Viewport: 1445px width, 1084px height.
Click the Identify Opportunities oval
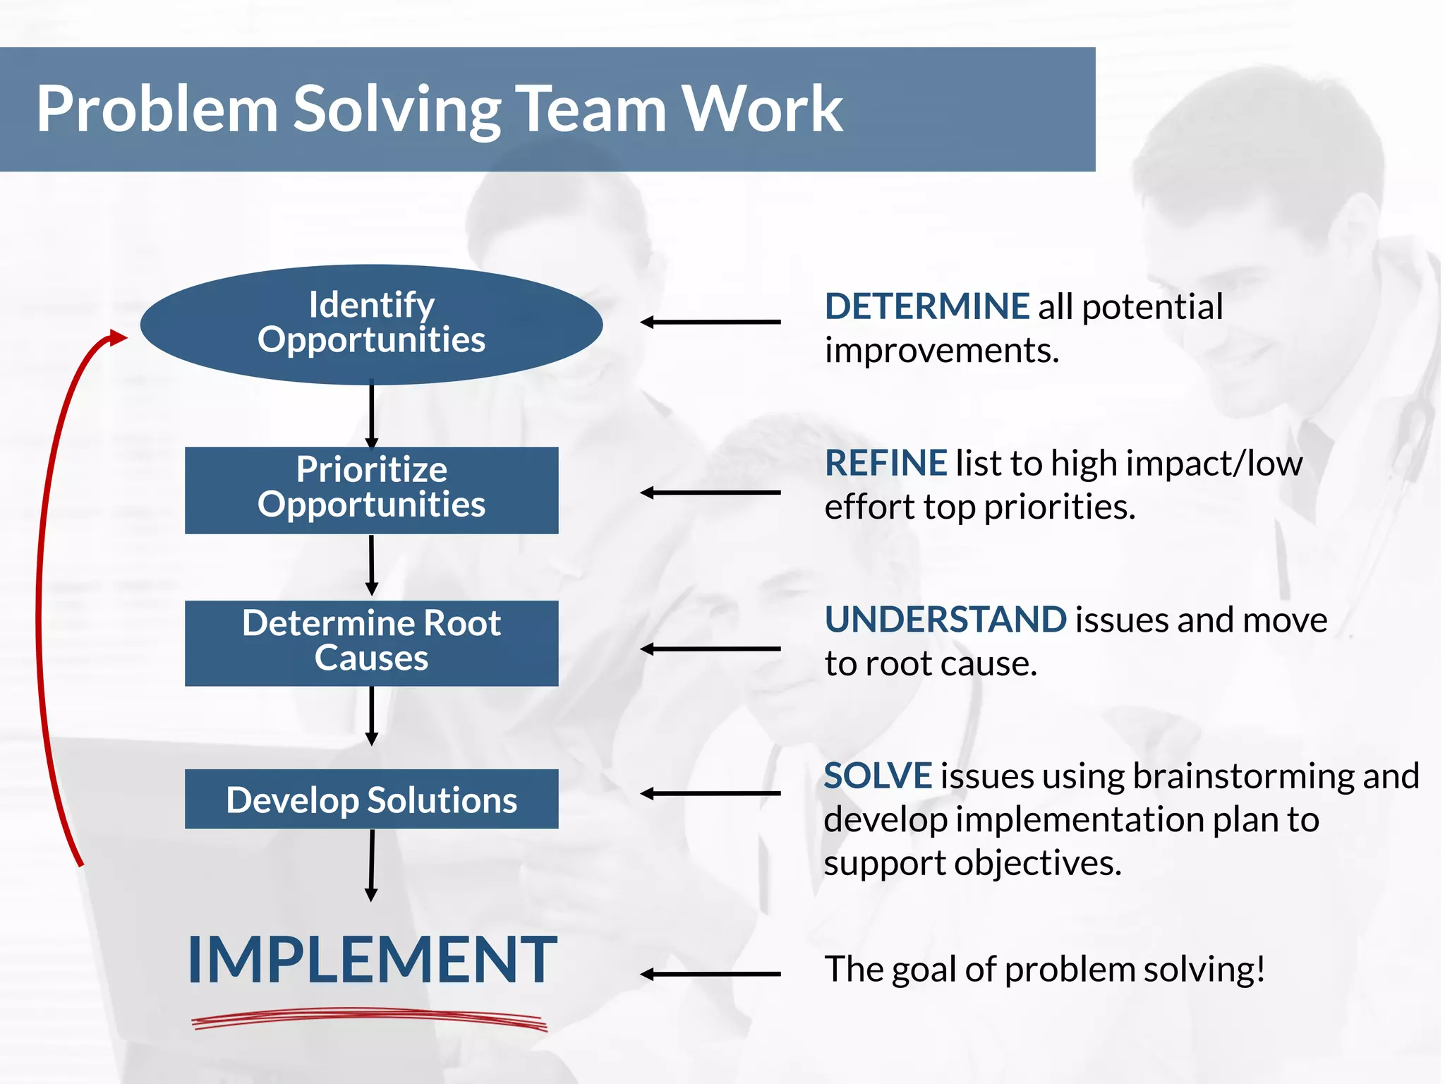coord(371,324)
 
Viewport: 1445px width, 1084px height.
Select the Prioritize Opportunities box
coord(371,490)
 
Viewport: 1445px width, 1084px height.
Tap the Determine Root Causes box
coord(371,643)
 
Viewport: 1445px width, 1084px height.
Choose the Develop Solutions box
coord(371,799)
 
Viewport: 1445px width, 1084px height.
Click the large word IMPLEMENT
coord(372,960)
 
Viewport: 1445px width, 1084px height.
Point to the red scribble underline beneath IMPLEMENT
coord(370,1018)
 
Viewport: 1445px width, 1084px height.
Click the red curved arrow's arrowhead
coord(116,337)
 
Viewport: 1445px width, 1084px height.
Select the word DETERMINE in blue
coord(926,306)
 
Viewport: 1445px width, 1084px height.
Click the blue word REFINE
coord(885,464)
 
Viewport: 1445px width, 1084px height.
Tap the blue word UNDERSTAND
coord(945,620)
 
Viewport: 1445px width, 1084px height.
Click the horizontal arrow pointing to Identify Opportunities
coord(710,322)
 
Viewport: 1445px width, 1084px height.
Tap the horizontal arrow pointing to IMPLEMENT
coord(710,974)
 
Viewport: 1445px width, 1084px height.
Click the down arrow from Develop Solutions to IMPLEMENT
coord(371,865)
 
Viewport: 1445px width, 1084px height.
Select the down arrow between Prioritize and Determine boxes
coord(371,565)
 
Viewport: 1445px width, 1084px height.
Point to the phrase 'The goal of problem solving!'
coord(1044,969)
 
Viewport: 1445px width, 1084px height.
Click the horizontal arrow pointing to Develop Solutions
coord(710,793)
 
